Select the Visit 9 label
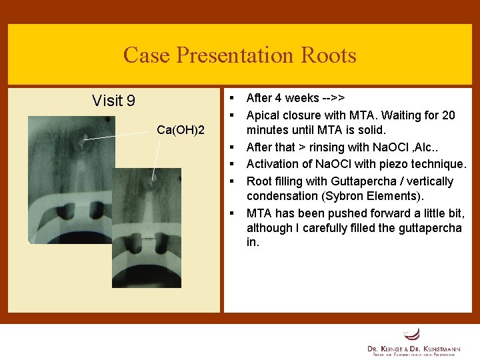[x=113, y=101]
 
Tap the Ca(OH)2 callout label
[x=180, y=128]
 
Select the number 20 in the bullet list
[x=449, y=115]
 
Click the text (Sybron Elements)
[x=364, y=196]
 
